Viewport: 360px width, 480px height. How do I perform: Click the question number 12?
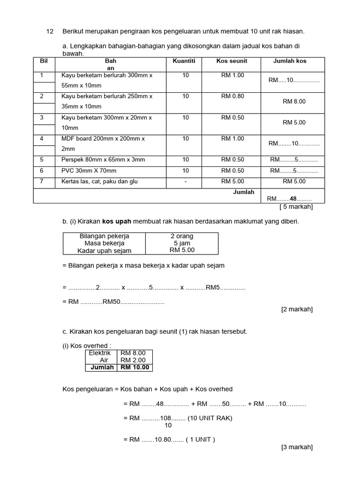(50, 31)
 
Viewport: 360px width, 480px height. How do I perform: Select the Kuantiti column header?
(184, 61)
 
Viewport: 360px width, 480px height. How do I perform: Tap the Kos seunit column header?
(232, 61)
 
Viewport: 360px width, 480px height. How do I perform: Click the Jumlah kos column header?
(290, 61)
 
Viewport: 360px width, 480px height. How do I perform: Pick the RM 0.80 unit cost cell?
(232, 96)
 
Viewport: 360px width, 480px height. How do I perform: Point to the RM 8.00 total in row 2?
(294, 101)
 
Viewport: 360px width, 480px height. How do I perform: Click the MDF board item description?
(103, 139)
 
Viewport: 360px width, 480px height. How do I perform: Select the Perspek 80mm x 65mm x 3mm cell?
(103, 160)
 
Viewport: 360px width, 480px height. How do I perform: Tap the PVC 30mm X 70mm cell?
(89, 171)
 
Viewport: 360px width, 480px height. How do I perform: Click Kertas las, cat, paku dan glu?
(99, 181)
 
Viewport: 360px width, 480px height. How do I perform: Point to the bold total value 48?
(293, 198)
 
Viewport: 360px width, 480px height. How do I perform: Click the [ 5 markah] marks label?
(296, 207)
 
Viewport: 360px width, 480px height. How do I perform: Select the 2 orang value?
(182, 236)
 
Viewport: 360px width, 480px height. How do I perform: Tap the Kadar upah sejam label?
(104, 251)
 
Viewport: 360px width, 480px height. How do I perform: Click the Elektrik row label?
(100, 353)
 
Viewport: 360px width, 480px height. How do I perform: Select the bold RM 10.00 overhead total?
(135, 367)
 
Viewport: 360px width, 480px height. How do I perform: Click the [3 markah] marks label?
(297, 447)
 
